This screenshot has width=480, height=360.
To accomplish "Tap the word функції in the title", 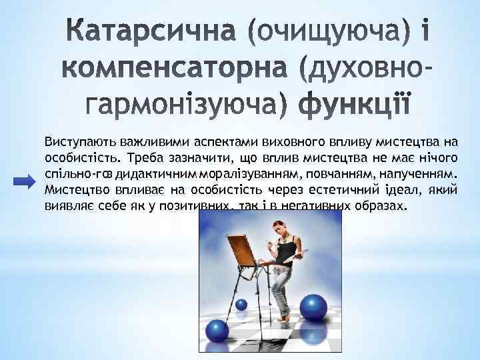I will point(355,105).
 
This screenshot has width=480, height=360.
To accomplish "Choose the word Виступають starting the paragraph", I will point(75,142).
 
